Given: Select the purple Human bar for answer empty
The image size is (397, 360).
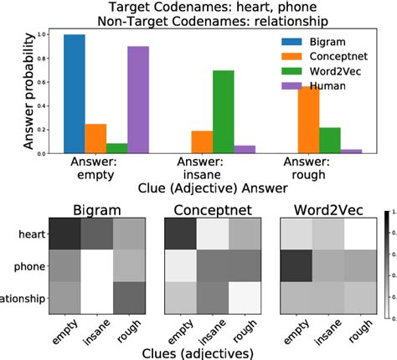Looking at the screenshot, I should [x=138, y=100].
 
